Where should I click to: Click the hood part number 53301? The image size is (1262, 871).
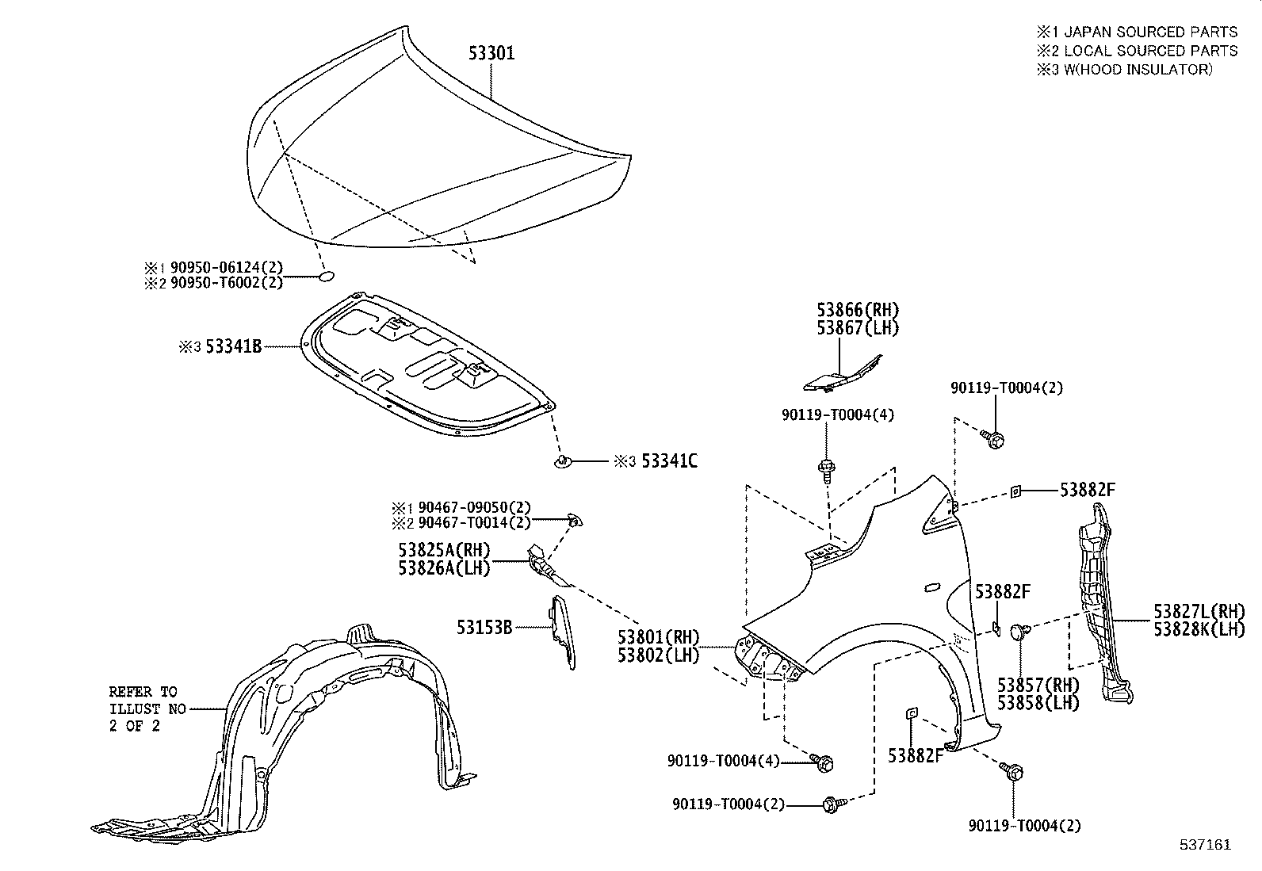[x=490, y=53]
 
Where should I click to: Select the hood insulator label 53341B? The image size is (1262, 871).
[x=233, y=346]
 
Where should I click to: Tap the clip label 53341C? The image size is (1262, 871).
[x=669, y=461]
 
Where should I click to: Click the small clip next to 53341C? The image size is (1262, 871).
[x=563, y=461]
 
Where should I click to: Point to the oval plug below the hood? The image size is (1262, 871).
[x=326, y=277]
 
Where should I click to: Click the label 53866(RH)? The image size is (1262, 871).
[x=859, y=310]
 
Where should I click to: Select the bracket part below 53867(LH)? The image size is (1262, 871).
[x=842, y=376]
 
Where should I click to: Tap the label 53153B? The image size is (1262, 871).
[x=484, y=628]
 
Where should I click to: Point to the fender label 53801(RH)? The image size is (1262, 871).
[x=660, y=636]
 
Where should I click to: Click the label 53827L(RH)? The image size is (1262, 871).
[x=1199, y=611]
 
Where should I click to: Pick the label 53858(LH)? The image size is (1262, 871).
[x=1038, y=703]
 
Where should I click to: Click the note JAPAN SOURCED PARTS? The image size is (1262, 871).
[x=1150, y=32]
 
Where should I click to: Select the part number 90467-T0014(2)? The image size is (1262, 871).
[x=474, y=521]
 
